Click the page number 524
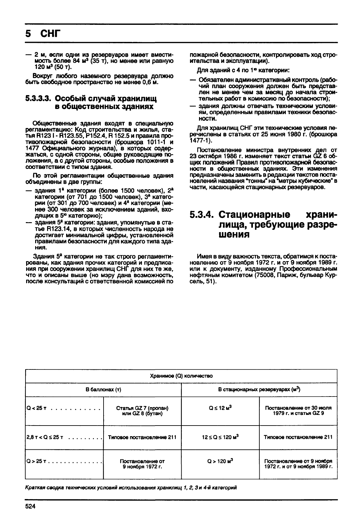coord(30,506)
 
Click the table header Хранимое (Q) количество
coord(181,376)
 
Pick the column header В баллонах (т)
coord(103,390)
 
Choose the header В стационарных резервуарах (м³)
coord(259,390)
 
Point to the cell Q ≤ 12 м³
coord(220,408)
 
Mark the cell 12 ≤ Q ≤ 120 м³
coord(220,437)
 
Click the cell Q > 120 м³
coord(220,461)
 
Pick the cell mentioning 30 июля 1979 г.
coord(298,410)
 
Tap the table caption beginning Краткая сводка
coord(131,488)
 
